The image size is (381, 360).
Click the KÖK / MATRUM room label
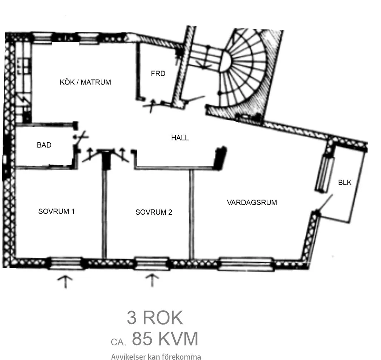click(85, 82)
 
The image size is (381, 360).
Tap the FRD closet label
click(158, 74)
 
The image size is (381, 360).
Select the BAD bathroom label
click(44, 145)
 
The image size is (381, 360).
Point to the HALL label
click(180, 138)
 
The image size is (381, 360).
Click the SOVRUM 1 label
click(56, 211)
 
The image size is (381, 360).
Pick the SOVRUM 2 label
click(154, 212)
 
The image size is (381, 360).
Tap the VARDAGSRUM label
click(252, 203)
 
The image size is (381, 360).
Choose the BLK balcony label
click(344, 182)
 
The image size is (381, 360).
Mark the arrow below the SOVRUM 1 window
click(65, 282)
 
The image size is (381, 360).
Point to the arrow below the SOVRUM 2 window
click(152, 280)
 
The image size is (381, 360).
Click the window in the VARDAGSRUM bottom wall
click(246, 264)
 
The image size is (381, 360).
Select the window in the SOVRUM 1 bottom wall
click(66, 263)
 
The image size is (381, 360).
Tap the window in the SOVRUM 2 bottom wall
click(151, 263)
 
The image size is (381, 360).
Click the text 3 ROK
click(155, 317)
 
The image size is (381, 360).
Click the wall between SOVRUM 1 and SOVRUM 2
click(104, 214)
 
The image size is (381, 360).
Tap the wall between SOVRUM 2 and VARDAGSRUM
click(192, 214)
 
